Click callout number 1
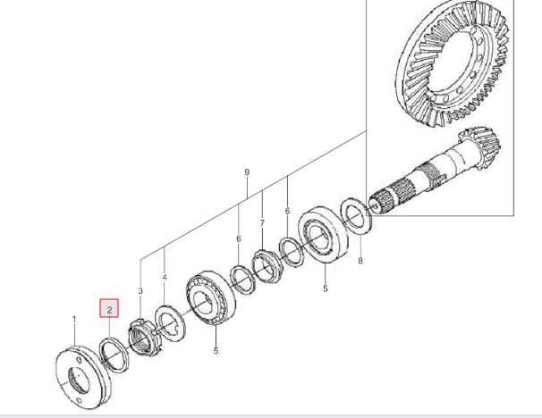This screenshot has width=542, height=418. (74, 320)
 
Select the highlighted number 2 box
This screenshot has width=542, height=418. (109, 308)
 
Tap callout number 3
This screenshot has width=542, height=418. (140, 291)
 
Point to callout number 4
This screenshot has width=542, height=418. (165, 278)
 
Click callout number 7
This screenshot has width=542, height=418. (262, 223)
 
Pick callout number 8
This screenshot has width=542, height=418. (360, 261)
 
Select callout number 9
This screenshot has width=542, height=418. (247, 172)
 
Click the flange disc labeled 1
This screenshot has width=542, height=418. (81, 377)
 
